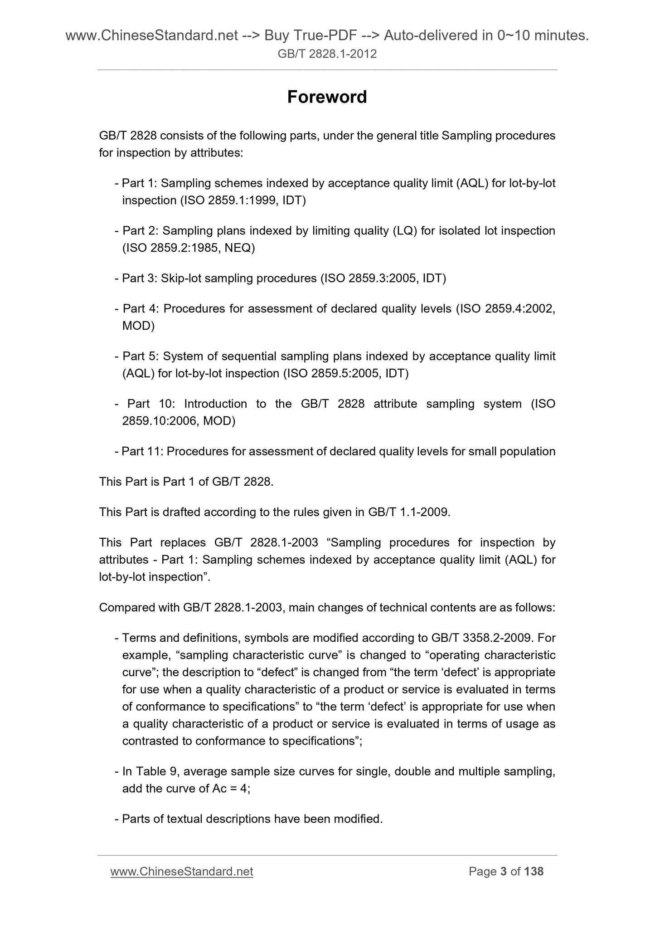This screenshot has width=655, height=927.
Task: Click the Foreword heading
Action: (x=327, y=97)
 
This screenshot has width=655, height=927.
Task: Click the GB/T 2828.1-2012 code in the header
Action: (x=327, y=54)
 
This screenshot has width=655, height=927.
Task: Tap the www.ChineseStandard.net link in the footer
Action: (x=182, y=871)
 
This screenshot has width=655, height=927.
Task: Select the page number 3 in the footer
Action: (x=503, y=871)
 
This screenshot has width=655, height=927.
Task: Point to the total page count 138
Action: (x=534, y=871)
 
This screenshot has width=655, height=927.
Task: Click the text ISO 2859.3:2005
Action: (x=371, y=278)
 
